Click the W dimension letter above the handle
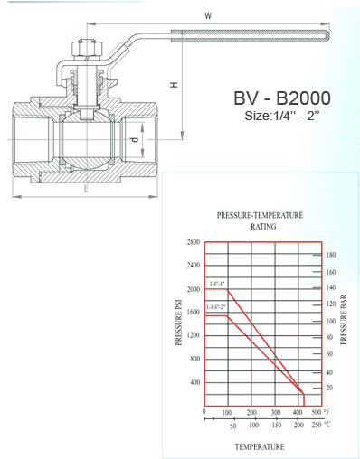click(x=207, y=14)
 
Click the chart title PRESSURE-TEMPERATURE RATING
click(x=260, y=221)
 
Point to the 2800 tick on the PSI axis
click(x=193, y=242)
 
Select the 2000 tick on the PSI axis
click(x=193, y=289)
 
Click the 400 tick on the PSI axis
click(x=194, y=382)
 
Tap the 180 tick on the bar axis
click(x=330, y=255)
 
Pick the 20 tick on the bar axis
click(x=329, y=388)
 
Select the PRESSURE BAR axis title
click(x=346, y=321)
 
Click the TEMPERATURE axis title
click(x=261, y=446)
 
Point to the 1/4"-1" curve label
click(x=217, y=284)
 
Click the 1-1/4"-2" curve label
click(x=216, y=308)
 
